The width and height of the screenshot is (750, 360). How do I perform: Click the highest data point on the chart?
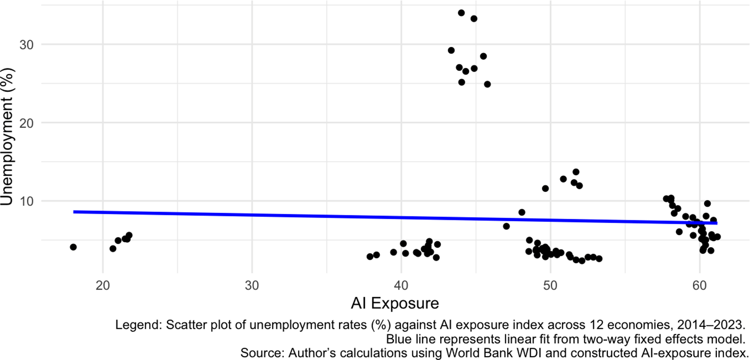[461, 13]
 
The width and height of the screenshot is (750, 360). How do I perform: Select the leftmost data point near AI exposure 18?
[73, 247]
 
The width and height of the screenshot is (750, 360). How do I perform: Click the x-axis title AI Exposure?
[395, 303]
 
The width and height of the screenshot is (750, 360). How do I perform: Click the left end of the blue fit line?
[74, 212]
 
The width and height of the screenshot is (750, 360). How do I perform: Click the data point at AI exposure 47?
[506, 226]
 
